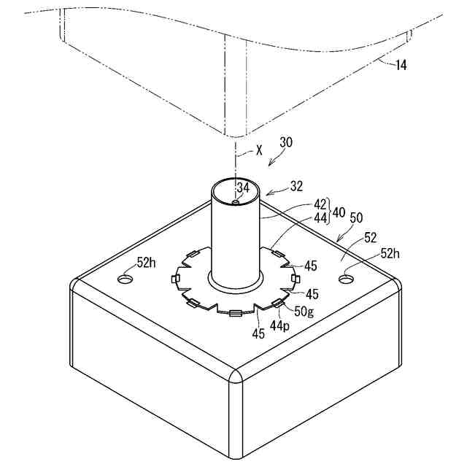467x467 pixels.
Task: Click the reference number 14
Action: pyautogui.click(x=401, y=65)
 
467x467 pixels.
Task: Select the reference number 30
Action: pyautogui.click(x=286, y=143)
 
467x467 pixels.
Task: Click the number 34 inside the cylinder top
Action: pyautogui.click(x=243, y=188)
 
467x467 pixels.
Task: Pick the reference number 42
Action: pyautogui.click(x=320, y=205)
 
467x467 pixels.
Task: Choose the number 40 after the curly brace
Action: pyautogui.click(x=340, y=212)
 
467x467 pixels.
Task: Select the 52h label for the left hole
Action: pyautogui.click(x=146, y=263)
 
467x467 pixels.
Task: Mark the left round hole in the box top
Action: pyautogui.click(x=127, y=279)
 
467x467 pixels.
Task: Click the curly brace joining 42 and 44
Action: pyautogui.click(x=331, y=212)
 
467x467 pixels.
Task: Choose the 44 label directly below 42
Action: pyautogui.click(x=320, y=217)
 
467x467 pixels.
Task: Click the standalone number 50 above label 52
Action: pyautogui.click(x=357, y=219)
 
